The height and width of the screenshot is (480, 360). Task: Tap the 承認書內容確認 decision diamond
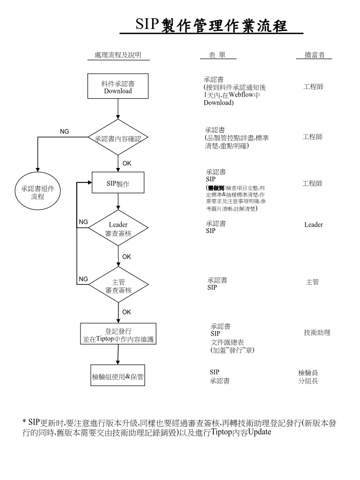118,138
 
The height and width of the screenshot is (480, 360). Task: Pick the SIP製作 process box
118,185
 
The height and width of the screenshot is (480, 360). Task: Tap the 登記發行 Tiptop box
118,334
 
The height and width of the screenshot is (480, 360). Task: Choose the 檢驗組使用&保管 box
118,377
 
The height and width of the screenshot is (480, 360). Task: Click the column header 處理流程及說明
118,55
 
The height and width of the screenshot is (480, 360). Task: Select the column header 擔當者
314,55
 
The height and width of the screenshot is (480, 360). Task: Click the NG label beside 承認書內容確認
64,131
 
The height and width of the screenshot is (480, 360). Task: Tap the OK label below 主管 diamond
126,312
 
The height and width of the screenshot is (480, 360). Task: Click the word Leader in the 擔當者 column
314,225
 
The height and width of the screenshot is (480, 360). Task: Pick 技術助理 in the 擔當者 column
317,333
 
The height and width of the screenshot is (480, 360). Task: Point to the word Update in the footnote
260,432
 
